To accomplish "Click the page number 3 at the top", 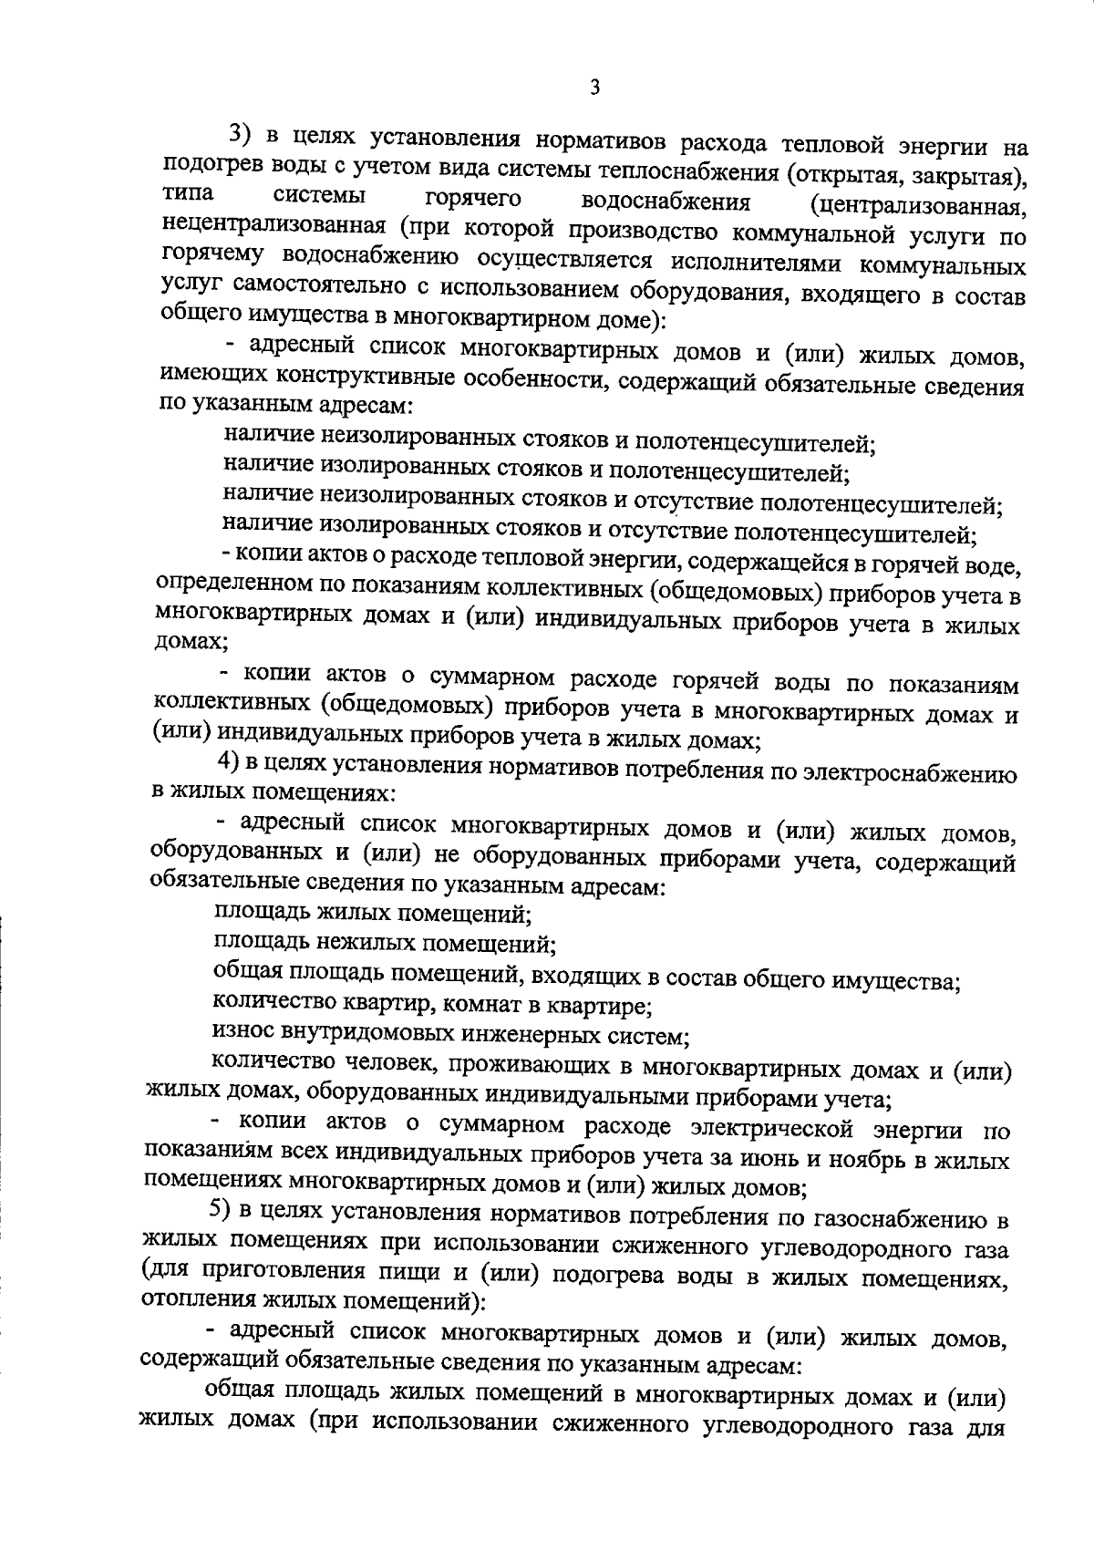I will (594, 88).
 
